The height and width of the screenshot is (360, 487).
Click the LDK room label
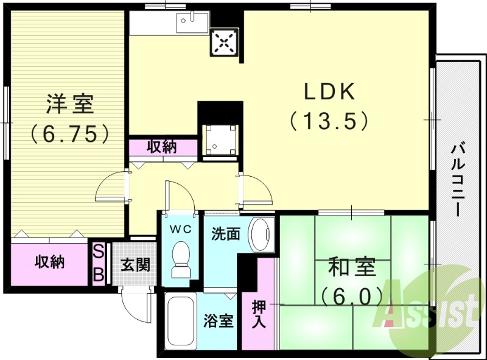[329, 91]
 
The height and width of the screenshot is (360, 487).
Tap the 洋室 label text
[71, 104]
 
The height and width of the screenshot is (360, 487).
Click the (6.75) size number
[70, 133]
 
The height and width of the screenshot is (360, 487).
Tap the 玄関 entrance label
[135, 265]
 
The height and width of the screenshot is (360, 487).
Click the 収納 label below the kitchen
[163, 147]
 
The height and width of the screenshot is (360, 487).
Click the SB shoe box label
[98, 263]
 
